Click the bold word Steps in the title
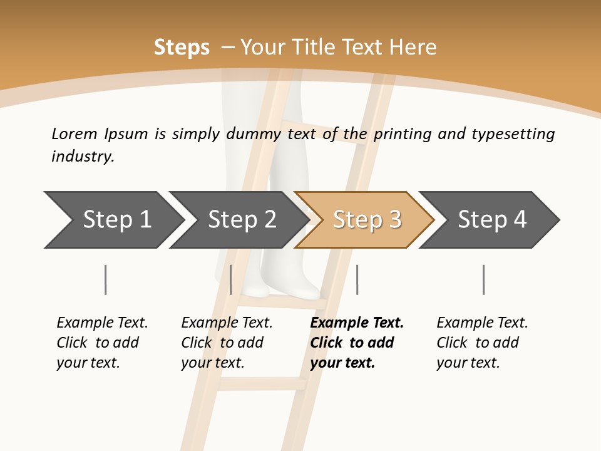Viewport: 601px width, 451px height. click(182, 48)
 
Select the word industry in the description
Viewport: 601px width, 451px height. click(82, 157)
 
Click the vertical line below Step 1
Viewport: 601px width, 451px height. click(106, 279)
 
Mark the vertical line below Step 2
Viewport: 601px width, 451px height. click(231, 279)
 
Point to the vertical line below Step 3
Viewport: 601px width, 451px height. click(357, 279)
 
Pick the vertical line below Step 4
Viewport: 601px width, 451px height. click(483, 279)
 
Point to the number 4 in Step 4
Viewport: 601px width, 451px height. click(520, 219)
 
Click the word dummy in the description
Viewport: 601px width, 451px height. click(254, 133)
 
